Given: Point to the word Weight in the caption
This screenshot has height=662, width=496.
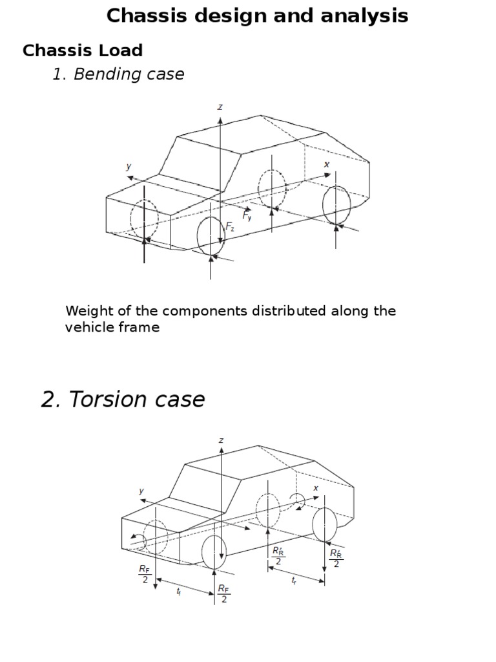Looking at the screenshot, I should pyautogui.click(x=86, y=311).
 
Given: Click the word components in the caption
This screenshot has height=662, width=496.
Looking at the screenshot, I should pyautogui.click(x=191, y=311).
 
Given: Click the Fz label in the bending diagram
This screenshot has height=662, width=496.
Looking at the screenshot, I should pyautogui.click(x=231, y=226).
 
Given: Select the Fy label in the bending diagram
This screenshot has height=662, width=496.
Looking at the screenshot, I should pyautogui.click(x=247, y=215).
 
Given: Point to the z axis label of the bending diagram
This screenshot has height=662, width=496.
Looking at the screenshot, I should pyautogui.click(x=220, y=107).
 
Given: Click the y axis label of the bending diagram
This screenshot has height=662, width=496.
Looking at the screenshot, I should pyautogui.click(x=129, y=166).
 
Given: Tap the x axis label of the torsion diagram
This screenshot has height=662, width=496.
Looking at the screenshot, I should pyautogui.click(x=316, y=488).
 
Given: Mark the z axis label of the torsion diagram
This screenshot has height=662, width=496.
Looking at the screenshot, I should pyautogui.click(x=221, y=440).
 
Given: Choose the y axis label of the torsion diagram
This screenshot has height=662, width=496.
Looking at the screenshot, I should pyautogui.click(x=141, y=491).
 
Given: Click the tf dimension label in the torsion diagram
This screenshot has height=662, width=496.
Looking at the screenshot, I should pyautogui.click(x=179, y=592).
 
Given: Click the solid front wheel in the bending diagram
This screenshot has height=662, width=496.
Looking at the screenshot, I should pyautogui.click(x=211, y=236).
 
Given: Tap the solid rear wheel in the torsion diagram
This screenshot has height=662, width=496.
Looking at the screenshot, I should pyautogui.click(x=325, y=524).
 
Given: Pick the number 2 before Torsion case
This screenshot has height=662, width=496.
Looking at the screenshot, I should pyautogui.click(x=49, y=400).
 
